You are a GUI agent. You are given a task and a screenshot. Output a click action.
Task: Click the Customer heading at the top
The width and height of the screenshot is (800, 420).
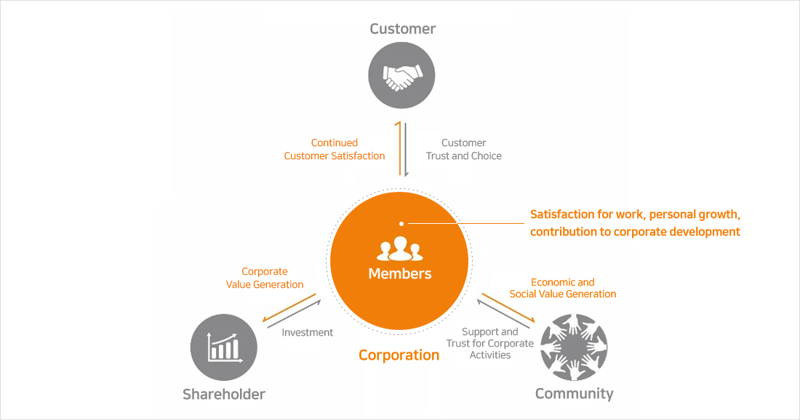tap(402, 29)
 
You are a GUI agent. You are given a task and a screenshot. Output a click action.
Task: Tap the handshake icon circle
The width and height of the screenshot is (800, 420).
tap(402, 76)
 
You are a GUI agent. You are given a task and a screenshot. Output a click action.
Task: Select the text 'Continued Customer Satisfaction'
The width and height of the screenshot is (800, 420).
tap(334, 149)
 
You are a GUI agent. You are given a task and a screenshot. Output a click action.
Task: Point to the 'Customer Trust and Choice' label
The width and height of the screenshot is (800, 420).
tap(463, 149)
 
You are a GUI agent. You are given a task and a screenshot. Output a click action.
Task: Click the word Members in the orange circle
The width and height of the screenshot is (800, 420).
tap(400, 274)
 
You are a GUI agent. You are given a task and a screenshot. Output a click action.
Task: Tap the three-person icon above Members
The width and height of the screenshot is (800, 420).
tap(399, 249)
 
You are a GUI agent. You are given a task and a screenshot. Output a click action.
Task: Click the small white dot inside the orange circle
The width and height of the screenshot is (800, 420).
tap(401, 223)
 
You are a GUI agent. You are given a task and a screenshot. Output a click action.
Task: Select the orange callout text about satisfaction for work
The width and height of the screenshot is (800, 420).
tap(635, 223)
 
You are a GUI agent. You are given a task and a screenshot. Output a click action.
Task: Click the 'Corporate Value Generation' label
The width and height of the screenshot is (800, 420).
tap(265, 278)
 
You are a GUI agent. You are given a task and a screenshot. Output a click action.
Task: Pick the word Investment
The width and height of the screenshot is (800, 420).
tap(307, 332)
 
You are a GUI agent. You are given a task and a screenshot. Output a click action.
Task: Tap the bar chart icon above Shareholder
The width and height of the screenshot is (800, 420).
tap(224, 347)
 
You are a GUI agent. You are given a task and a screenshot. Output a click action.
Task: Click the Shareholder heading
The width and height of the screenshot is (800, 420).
tap(224, 395)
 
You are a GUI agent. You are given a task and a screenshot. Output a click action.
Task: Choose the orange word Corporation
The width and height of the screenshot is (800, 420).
tap(399, 355)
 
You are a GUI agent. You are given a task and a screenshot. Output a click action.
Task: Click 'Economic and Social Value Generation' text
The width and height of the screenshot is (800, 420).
tap(562, 288)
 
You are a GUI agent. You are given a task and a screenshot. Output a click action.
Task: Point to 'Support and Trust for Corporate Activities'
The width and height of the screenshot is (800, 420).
tap(489, 343)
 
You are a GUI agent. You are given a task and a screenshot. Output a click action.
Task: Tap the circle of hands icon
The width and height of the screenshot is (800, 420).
tap(574, 347)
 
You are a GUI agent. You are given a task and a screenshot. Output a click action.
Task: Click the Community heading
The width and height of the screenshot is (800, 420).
tap(574, 394)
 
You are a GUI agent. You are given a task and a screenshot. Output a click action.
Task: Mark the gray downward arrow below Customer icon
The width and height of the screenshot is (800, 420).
tap(406, 150)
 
